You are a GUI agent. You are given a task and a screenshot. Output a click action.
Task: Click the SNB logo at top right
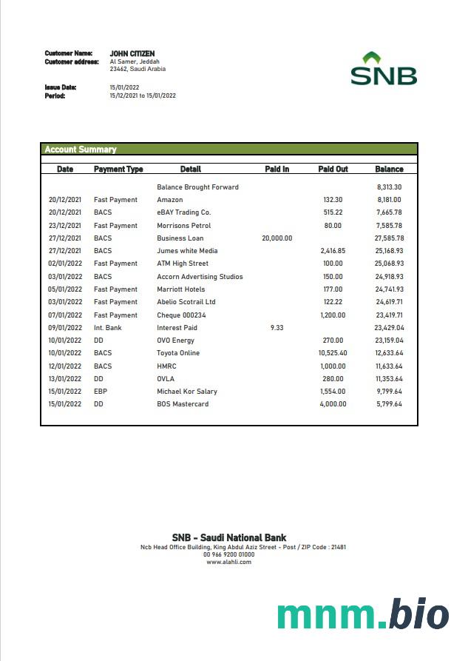tap(383, 69)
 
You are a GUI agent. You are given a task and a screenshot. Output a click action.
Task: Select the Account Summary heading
tap(81, 150)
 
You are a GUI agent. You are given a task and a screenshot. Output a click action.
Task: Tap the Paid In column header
tap(277, 170)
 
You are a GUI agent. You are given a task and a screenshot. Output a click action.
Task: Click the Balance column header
tap(389, 170)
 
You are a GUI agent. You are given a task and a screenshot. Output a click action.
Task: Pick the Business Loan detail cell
tap(180, 238)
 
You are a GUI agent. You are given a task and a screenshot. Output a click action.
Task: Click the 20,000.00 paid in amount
tap(277, 238)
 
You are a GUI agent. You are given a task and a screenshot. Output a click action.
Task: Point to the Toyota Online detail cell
tap(178, 353)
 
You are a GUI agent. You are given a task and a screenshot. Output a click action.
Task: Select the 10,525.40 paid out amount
tap(332, 353)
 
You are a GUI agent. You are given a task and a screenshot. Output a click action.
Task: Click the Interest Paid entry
tap(177, 328)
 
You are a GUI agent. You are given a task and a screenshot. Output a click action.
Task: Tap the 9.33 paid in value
tap(277, 328)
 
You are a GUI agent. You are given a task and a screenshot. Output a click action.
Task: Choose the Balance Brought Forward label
tap(197, 187)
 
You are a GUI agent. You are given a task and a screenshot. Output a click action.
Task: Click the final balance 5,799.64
tap(388, 404)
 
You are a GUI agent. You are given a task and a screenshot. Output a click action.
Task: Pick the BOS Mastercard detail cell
tap(183, 404)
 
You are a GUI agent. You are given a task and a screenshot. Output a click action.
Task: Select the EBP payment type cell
tap(101, 392)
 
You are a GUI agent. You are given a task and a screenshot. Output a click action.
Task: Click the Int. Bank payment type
tap(108, 328)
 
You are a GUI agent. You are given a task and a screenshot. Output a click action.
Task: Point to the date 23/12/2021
tap(65, 226)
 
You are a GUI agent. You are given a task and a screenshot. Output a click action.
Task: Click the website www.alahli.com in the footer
tap(228, 562)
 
